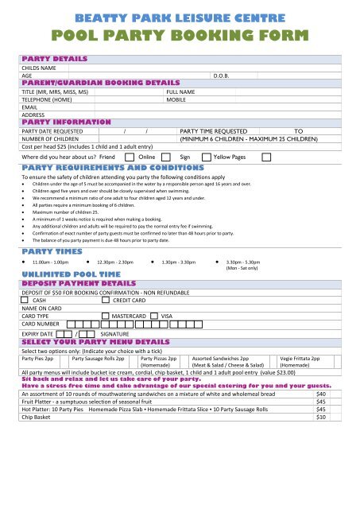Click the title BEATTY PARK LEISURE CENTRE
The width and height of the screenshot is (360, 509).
180,14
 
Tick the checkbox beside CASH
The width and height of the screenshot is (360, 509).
25,301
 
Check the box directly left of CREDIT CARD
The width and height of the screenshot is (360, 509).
106,301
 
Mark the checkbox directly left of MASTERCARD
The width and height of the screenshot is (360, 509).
106,316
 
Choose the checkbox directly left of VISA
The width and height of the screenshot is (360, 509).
154,316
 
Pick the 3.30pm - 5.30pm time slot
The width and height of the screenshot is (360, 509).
246,239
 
